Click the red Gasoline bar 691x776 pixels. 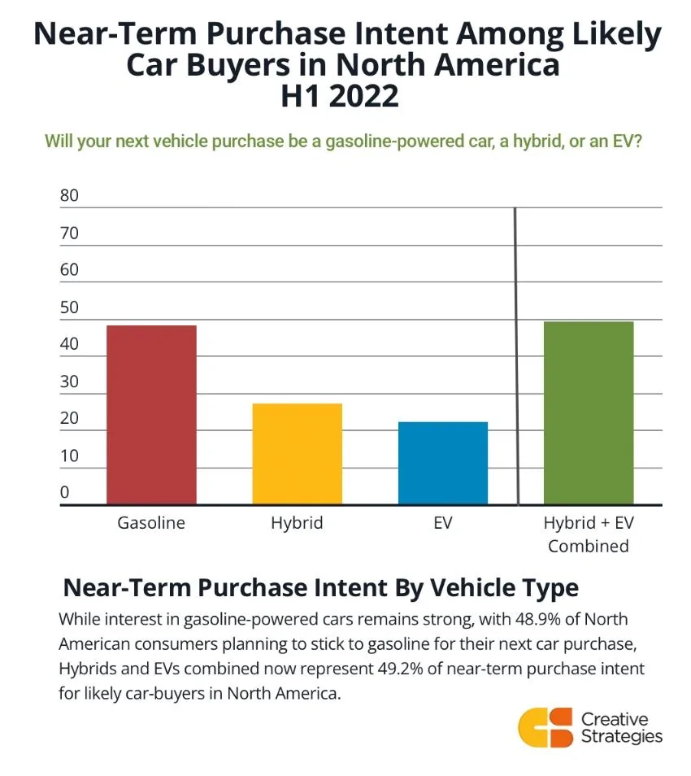151,415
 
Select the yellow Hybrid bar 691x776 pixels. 297,454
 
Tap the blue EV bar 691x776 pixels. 443,463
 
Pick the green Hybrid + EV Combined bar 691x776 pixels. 589,412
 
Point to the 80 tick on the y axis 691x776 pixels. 69,196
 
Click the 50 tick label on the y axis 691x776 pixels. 69,307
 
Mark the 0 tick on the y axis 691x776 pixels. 65,492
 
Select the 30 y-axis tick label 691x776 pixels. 69,381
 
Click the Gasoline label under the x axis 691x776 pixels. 151,523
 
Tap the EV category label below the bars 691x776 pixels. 443,523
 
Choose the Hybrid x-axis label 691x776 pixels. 297,523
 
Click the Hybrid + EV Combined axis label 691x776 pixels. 589,534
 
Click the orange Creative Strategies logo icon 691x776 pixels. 545,726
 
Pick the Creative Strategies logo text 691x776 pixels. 621,727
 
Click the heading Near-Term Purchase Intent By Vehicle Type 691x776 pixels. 321,588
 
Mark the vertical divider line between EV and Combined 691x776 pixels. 516,358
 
